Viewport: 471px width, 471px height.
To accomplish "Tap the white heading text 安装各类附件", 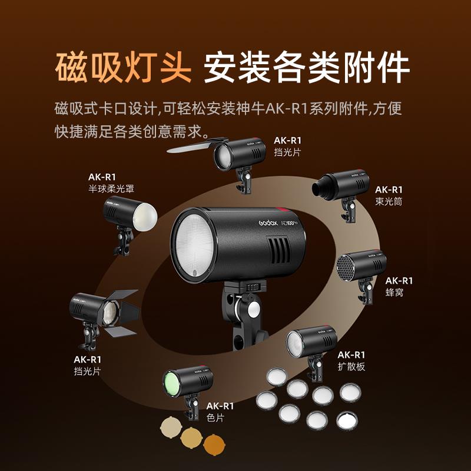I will click(306, 68).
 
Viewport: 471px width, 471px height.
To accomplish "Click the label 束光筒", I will click(389, 201).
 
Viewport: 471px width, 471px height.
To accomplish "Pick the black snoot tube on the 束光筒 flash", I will click(322, 187).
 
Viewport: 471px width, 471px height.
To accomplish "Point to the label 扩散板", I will click(351, 366).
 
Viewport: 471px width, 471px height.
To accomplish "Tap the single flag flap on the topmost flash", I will click(189, 145).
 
